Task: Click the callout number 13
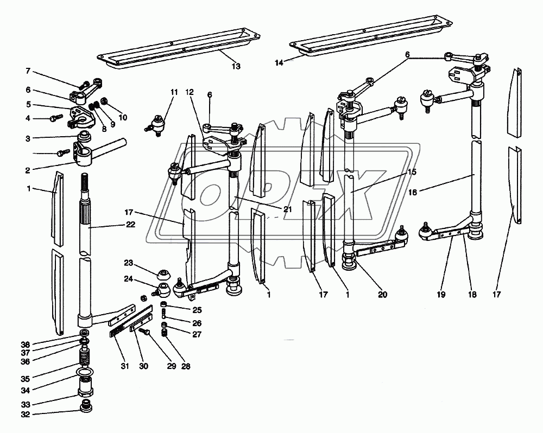click(x=236, y=67)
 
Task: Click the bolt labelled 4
click(x=58, y=116)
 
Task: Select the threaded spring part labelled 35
click(x=84, y=358)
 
